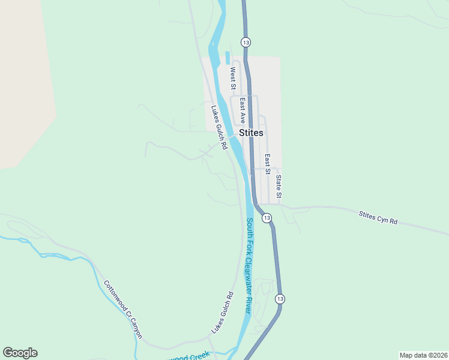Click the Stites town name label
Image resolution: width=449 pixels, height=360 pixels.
click(x=251, y=133)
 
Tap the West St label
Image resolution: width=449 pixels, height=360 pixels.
click(x=232, y=79)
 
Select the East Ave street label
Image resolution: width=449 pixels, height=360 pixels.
click(x=243, y=110)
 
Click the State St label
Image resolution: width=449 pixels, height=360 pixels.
click(x=279, y=186)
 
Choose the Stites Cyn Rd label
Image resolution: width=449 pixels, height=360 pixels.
click(x=378, y=217)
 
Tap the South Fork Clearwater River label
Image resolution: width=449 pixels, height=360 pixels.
click(x=249, y=265)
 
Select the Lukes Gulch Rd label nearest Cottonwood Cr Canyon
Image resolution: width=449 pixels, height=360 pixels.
click(x=221, y=313)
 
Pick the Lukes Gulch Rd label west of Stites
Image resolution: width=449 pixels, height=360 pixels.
click(x=218, y=127)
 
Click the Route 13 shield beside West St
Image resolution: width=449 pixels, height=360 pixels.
click(x=246, y=42)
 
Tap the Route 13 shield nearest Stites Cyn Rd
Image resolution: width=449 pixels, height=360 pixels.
click(x=267, y=217)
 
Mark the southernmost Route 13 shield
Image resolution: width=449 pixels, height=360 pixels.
click(x=280, y=298)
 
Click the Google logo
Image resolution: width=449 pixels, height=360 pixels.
click(x=20, y=353)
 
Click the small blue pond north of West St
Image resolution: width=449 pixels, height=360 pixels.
click(x=228, y=58)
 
